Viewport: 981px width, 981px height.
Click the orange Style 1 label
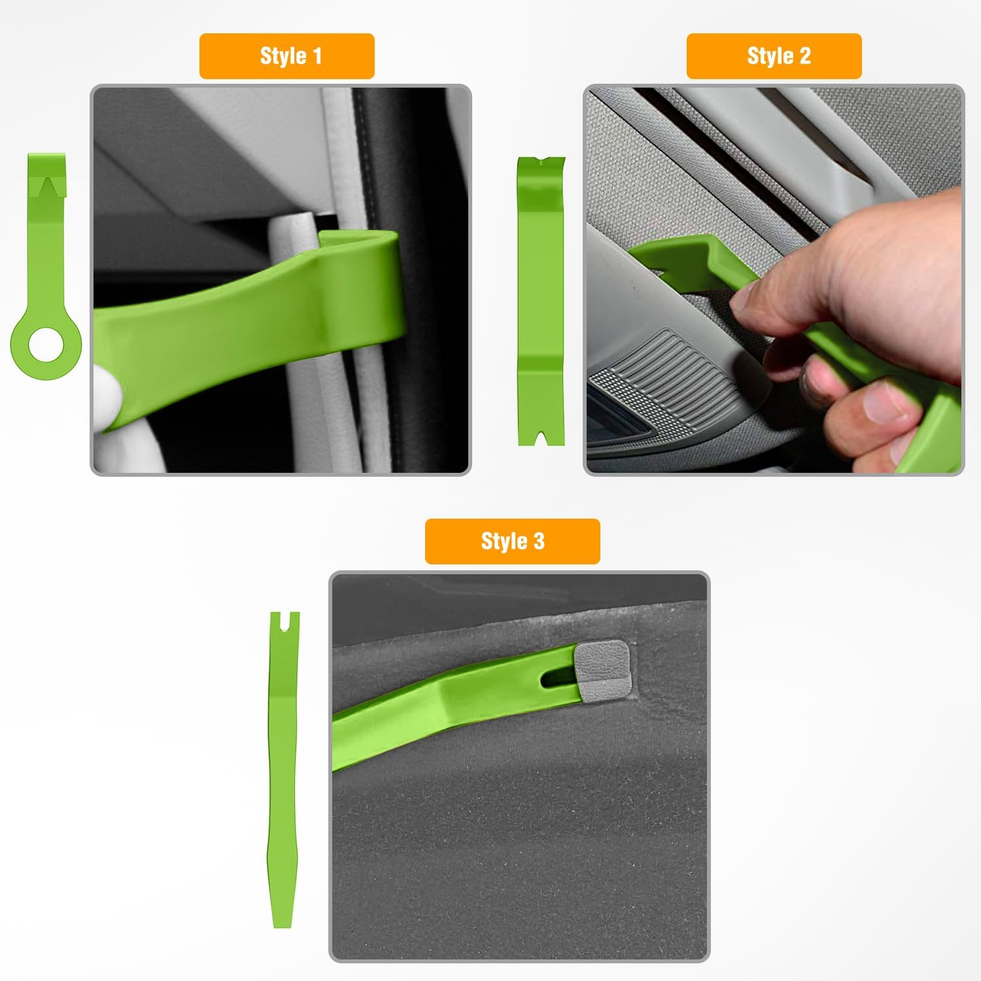pyautogui.click(x=286, y=56)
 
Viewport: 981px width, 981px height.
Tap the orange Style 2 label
pyautogui.click(x=774, y=56)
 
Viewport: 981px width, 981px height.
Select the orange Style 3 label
pyautogui.click(x=512, y=542)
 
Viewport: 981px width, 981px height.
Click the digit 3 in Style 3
pyautogui.click(x=538, y=542)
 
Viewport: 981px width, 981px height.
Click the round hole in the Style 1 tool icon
pyautogui.click(x=46, y=344)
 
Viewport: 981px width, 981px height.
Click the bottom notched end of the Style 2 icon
pyautogui.click(x=541, y=436)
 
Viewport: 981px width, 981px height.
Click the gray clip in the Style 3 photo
pyautogui.click(x=602, y=670)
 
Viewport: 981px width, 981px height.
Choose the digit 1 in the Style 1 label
pyautogui.click(x=318, y=56)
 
